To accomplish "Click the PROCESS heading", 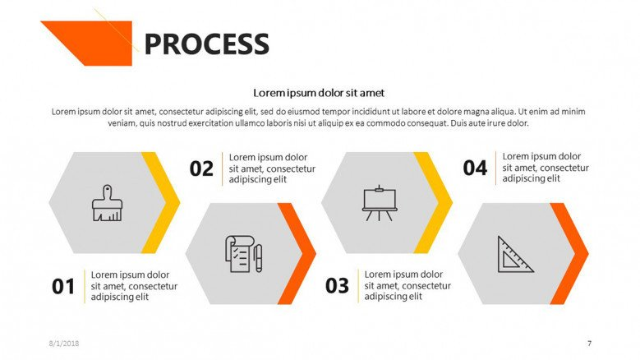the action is pos(206,44).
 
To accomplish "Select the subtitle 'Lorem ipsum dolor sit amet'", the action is pos(319,93).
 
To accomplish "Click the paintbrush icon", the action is pos(107,203).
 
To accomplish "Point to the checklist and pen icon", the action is pos(244,253).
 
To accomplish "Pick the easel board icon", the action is pos(380,203).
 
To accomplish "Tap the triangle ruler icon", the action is pos(515,254).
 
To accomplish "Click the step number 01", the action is pos(63,287).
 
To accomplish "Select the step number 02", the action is pos(201,169).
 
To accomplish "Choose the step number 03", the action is pos(337,286).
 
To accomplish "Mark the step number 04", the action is pos(475,168).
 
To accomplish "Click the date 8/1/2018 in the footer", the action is pos(64,344).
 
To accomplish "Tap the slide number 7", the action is pos(589,344).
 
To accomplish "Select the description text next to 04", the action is pos(546,168).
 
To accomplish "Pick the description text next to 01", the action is pos(134,286).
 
